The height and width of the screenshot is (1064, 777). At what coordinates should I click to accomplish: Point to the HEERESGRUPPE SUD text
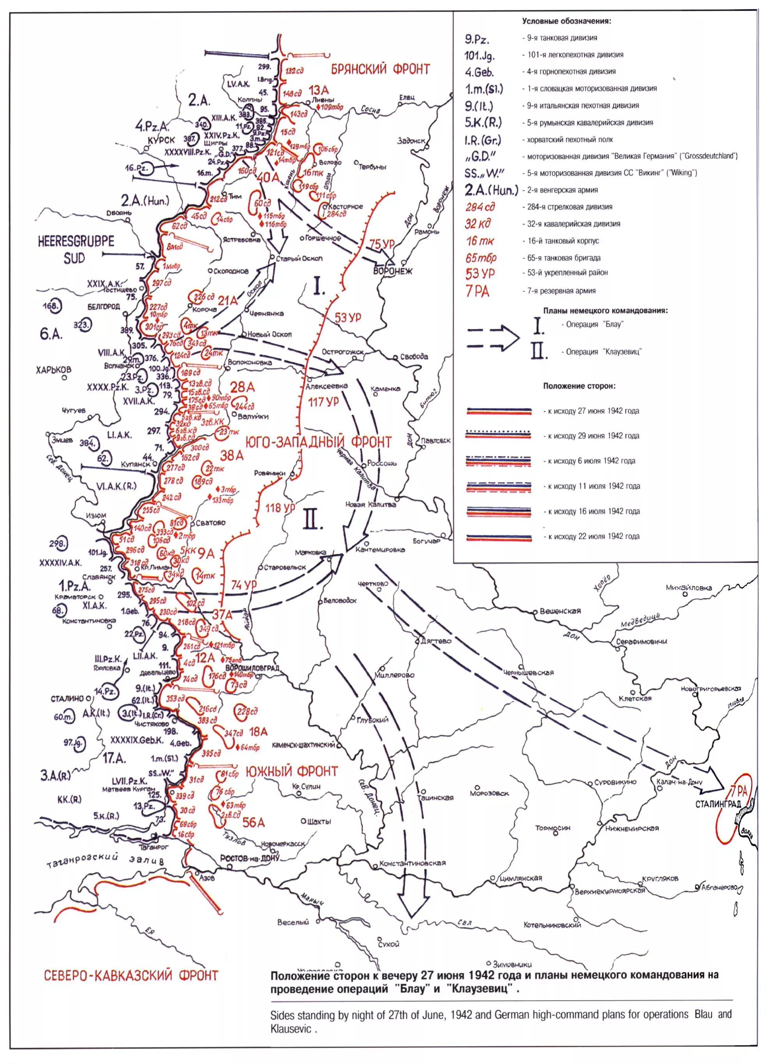pos(76,250)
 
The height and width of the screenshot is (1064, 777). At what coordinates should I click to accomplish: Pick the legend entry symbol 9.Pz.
pos(477,39)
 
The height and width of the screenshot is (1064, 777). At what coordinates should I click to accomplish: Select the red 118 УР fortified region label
pos(280,508)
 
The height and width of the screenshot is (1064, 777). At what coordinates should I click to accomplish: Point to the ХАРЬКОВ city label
pos(54,370)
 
